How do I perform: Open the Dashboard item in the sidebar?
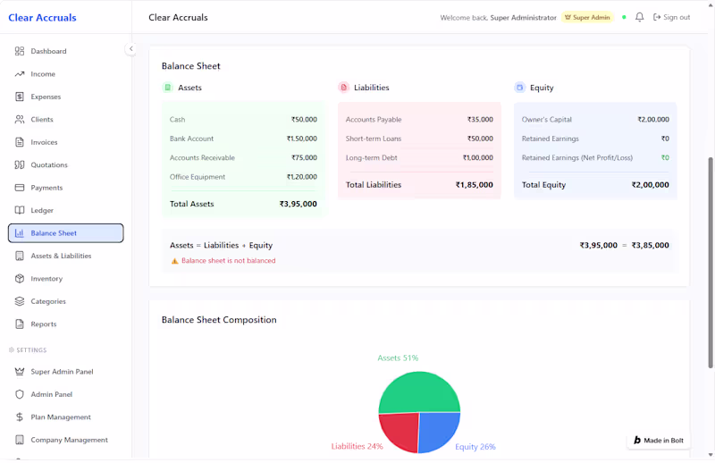(48, 51)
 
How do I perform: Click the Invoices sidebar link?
(44, 142)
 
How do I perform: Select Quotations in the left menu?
(49, 164)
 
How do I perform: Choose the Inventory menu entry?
(46, 279)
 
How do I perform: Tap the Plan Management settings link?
(61, 417)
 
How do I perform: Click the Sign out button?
(671, 17)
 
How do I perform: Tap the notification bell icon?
(639, 17)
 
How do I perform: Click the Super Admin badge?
(587, 17)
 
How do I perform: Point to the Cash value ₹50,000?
(304, 120)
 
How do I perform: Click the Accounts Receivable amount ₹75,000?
(304, 158)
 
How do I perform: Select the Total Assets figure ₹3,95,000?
(298, 204)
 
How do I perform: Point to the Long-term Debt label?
(371, 158)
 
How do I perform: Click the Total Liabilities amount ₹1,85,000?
(474, 185)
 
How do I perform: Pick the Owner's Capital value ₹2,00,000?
(652, 120)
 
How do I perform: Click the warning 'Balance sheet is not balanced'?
(228, 261)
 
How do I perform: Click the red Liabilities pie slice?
(400, 432)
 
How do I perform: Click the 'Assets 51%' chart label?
(398, 358)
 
